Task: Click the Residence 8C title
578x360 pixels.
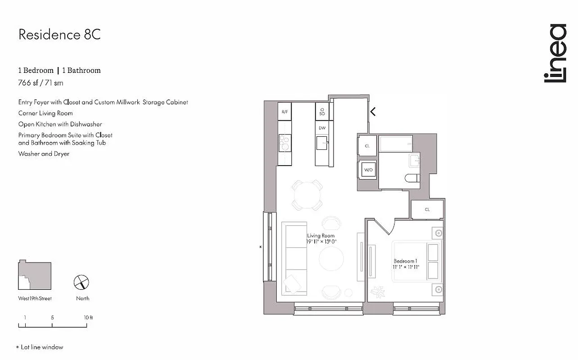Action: (59, 35)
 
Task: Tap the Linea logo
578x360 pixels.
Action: (555, 54)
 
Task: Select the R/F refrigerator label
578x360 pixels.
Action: (284, 112)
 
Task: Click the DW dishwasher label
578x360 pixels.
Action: (322, 128)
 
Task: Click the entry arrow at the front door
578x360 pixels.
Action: (373, 111)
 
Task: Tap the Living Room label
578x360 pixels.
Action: (321, 236)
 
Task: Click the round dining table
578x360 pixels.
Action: (308, 195)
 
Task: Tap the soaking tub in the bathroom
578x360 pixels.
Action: (396, 144)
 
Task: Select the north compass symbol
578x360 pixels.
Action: (81, 283)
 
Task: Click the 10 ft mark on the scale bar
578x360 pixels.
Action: (88, 318)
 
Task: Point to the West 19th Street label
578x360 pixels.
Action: (35, 298)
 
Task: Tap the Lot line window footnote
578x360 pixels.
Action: (40, 347)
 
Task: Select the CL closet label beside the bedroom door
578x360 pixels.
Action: (427, 209)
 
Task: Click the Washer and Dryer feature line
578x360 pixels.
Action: (44, 154)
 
